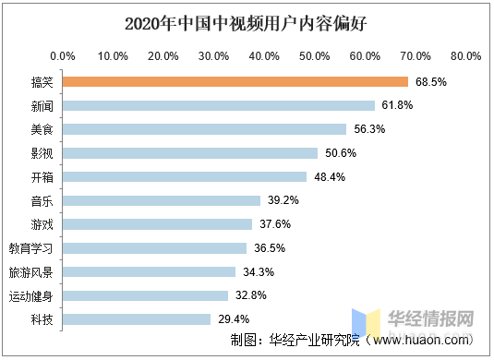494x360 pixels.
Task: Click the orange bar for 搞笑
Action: pos(235,81)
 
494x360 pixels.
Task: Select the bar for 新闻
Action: pos(219,105)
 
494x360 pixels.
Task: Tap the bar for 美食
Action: pos(205,129)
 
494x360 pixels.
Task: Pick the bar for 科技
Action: pos(137,319)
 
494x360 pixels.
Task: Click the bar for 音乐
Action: pos(162,200)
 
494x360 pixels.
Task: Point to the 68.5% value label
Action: pos(431,81)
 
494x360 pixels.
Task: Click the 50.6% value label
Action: pos(341,153)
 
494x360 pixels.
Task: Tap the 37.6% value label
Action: pos(275,224)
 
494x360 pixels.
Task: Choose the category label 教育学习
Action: pos(31,248)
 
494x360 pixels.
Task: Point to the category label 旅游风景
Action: pos(31,272)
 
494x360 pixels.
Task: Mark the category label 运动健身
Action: pos(31,296)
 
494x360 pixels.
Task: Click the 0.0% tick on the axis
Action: pos(63,56)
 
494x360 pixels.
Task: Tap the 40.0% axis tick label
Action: pos(264,56)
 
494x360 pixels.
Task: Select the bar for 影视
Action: pos(190,153)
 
